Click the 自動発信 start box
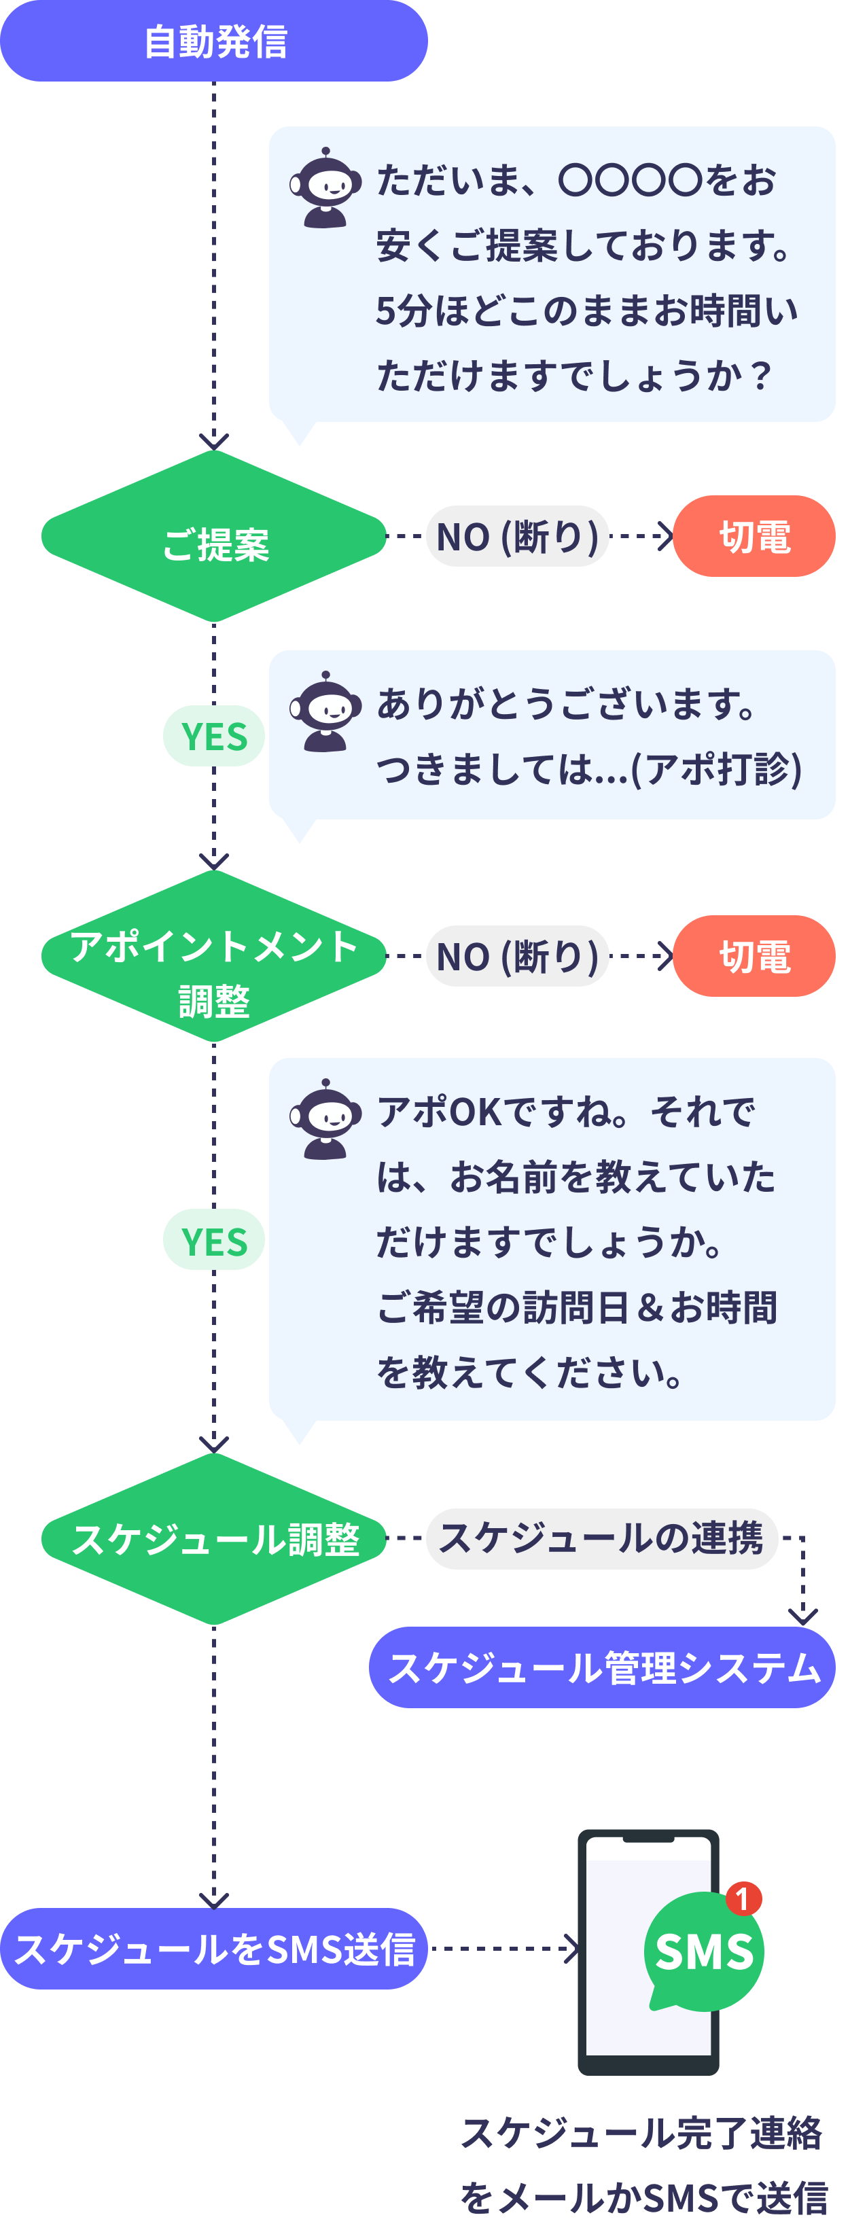[213, 41]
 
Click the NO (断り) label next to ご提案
[517, 537]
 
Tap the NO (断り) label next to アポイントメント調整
[517, 957]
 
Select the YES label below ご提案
[213, 736]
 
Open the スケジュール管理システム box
[602, 1667]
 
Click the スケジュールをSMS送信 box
[213, 1949]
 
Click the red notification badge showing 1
[743, 1898]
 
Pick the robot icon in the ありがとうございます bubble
[325, 711]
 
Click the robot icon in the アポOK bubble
[325, 1119]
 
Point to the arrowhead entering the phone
[571, 1949]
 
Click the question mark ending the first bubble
[761, 375]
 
